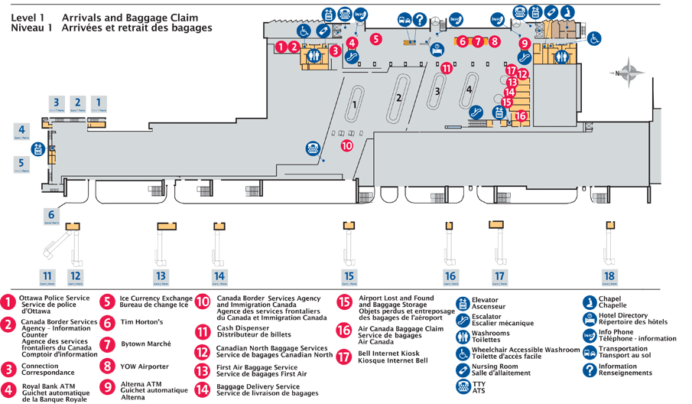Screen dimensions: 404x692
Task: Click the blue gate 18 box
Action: coord(609,276)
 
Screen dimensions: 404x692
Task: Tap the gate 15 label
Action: coord(349,276)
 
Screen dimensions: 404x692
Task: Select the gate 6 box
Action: coord(51,216)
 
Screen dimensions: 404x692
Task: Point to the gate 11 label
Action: coord(47,276)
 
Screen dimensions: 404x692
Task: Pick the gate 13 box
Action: coord(161,276)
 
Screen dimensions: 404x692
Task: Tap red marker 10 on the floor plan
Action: coord(346,145)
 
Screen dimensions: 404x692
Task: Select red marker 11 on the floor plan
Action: coord(446,68)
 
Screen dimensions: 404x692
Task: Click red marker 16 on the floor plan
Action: coord(521,116)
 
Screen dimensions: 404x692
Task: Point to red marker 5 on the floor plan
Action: coord(375,37)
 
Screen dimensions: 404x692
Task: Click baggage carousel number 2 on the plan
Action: coord(398,97)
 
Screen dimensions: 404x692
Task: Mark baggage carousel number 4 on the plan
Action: coord(469,90)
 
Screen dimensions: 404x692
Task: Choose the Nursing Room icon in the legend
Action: coord(463,370)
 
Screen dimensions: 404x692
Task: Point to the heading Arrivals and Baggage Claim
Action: coord(129,17)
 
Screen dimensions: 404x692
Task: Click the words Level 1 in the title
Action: coord(28,17)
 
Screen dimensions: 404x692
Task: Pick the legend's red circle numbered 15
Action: coord(344,301)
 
